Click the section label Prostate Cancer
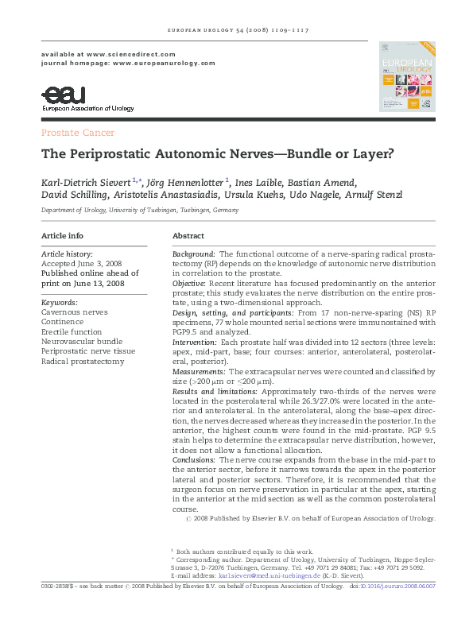[x=77, y=133]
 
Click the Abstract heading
[x=188, y=236]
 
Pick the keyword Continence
[x=62, y=323]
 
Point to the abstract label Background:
[x=194, y=252]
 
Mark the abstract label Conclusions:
[x=195, y=459]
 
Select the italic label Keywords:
[x=59, y=303]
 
